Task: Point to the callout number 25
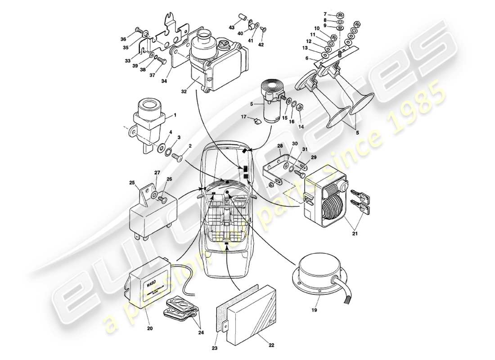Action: click(x=132, y=183)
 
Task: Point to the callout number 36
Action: click(x=123, y=39)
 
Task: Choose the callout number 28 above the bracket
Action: click(x=279, y=146)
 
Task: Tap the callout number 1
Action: click(x=175, y=115)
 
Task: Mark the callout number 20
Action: click(x=150, y=328)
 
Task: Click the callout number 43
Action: click(x=232, y=28)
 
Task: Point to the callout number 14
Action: click(x=301, y=127)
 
